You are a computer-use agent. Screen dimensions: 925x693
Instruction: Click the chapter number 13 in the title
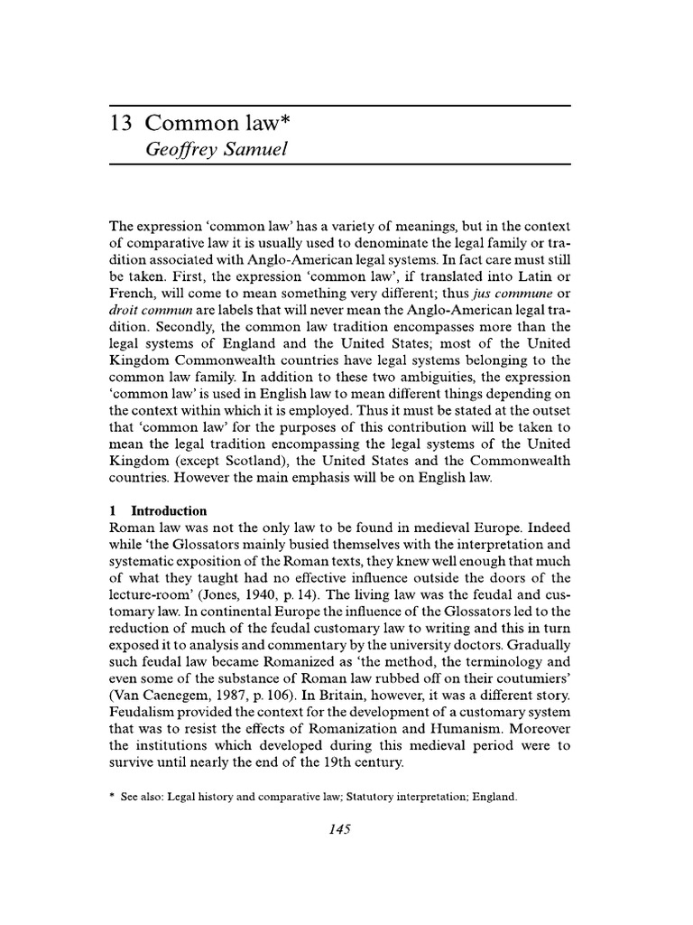(x=121, y=124)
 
